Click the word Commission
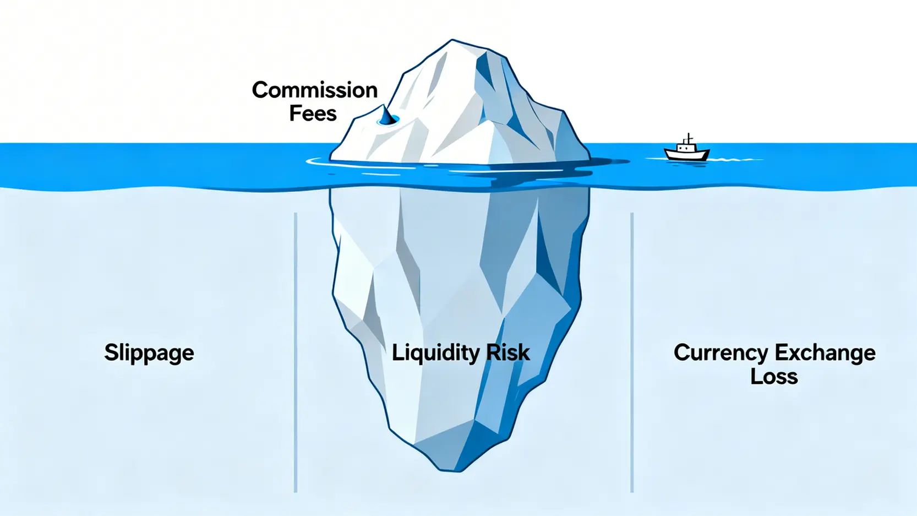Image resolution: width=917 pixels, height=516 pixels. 315,90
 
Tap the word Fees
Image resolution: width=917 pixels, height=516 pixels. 313,113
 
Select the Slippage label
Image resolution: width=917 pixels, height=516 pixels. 149,353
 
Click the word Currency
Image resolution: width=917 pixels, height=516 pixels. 721,353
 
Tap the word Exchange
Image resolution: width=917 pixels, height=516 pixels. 825,353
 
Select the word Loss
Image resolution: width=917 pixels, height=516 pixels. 774,377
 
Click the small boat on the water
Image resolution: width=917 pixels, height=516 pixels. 686,150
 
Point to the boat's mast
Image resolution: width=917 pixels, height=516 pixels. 688,138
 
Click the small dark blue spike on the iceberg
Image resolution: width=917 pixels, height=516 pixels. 387,116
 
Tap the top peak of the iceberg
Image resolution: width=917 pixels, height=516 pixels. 452,41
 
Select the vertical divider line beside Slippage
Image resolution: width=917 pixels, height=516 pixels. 296,352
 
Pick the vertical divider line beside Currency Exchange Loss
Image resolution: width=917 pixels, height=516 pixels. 632,352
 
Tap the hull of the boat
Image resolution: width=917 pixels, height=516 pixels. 686,155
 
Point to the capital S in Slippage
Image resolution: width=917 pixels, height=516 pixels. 111,352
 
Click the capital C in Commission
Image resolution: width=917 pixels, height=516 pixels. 260,90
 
